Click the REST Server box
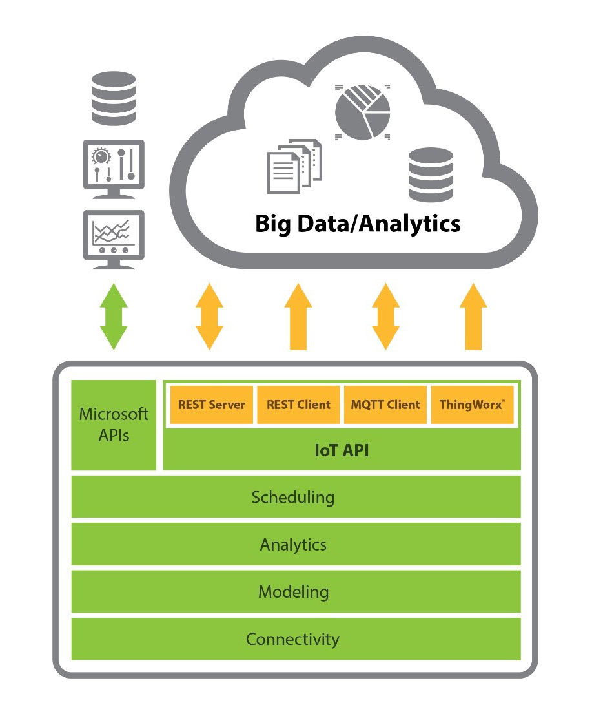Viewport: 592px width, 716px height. point(212,405)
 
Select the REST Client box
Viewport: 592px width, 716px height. point(298,405)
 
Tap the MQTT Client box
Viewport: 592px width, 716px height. point(385,405)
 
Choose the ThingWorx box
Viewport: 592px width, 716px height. point(472,405)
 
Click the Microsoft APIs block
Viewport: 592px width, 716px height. point(114,425)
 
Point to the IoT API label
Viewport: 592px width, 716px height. point(342,450)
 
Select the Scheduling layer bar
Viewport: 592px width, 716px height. point(296,497)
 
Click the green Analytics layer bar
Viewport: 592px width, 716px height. point(296,544)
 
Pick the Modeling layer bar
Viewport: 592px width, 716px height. point(296,591)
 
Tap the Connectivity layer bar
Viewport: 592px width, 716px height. point(296,639)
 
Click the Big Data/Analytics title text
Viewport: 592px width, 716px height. point(358,224)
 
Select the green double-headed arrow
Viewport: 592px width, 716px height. point(114,317)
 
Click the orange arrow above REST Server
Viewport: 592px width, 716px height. point(209,317)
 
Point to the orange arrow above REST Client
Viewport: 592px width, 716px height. point(298,317)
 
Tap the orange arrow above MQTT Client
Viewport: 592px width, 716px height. point(386,317)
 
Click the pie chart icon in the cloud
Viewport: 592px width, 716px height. point(363,111)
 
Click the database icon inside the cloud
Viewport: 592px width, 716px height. point(431,174)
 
